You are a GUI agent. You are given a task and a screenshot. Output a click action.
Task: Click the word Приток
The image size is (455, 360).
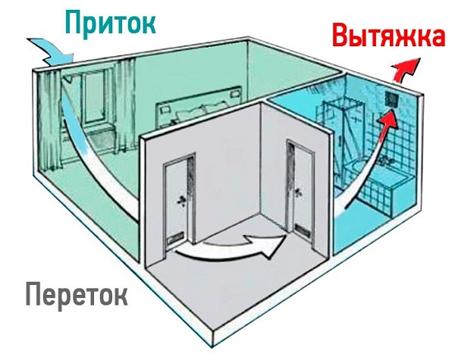(111, 23)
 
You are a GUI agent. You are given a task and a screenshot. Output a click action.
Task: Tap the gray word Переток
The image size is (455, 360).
(77, 294)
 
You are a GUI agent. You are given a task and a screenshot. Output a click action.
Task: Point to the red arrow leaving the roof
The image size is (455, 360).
(406, 69)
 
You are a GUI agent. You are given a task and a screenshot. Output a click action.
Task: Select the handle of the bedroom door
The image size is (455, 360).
(182, 200)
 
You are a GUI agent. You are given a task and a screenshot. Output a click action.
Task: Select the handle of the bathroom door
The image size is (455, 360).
(299, 192)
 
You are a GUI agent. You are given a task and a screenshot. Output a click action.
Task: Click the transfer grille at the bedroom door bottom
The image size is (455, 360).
(176, 239)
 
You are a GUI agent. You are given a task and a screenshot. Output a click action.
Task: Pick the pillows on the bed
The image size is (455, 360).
(200, 113)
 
